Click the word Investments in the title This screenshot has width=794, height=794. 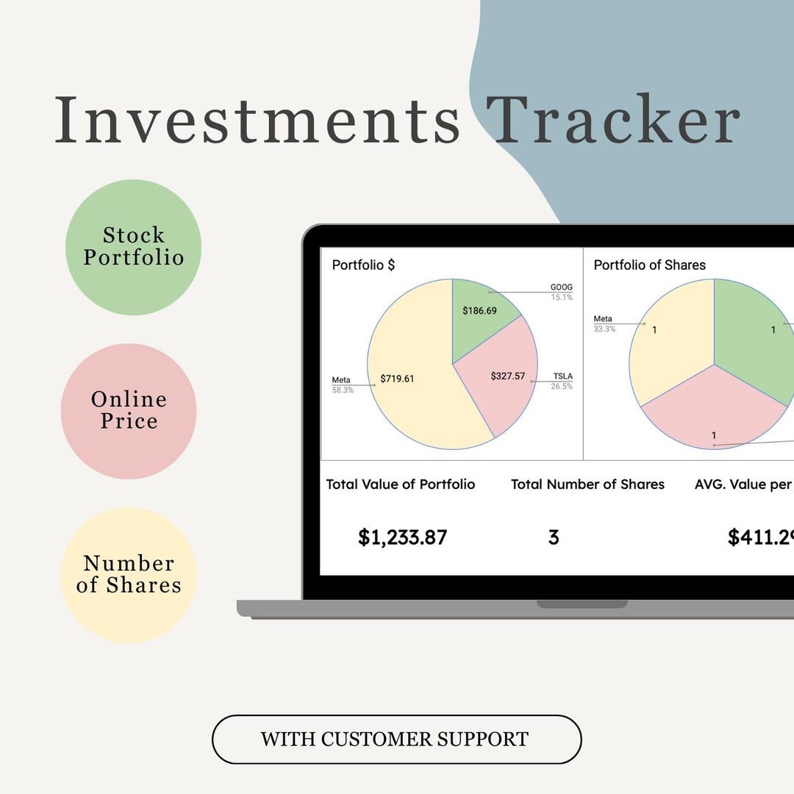257,119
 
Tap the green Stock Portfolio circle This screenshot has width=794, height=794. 133,247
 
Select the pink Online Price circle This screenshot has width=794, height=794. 129,411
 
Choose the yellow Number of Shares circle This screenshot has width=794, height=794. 129,575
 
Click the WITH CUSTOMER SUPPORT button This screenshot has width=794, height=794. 396,739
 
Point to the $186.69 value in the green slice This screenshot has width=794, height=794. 479,311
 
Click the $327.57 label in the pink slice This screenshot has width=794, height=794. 508,376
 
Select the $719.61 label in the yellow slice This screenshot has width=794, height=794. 397,379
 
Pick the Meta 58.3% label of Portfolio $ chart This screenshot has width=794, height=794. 343,385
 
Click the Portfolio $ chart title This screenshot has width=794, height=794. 363,265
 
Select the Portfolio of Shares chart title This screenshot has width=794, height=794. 649,265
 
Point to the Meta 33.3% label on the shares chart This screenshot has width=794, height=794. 604,323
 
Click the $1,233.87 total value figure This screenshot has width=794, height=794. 402,537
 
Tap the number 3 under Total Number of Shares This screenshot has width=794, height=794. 554,537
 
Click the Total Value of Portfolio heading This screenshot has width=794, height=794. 401,484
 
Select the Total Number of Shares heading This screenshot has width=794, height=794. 587,484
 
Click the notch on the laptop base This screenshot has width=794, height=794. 582,604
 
